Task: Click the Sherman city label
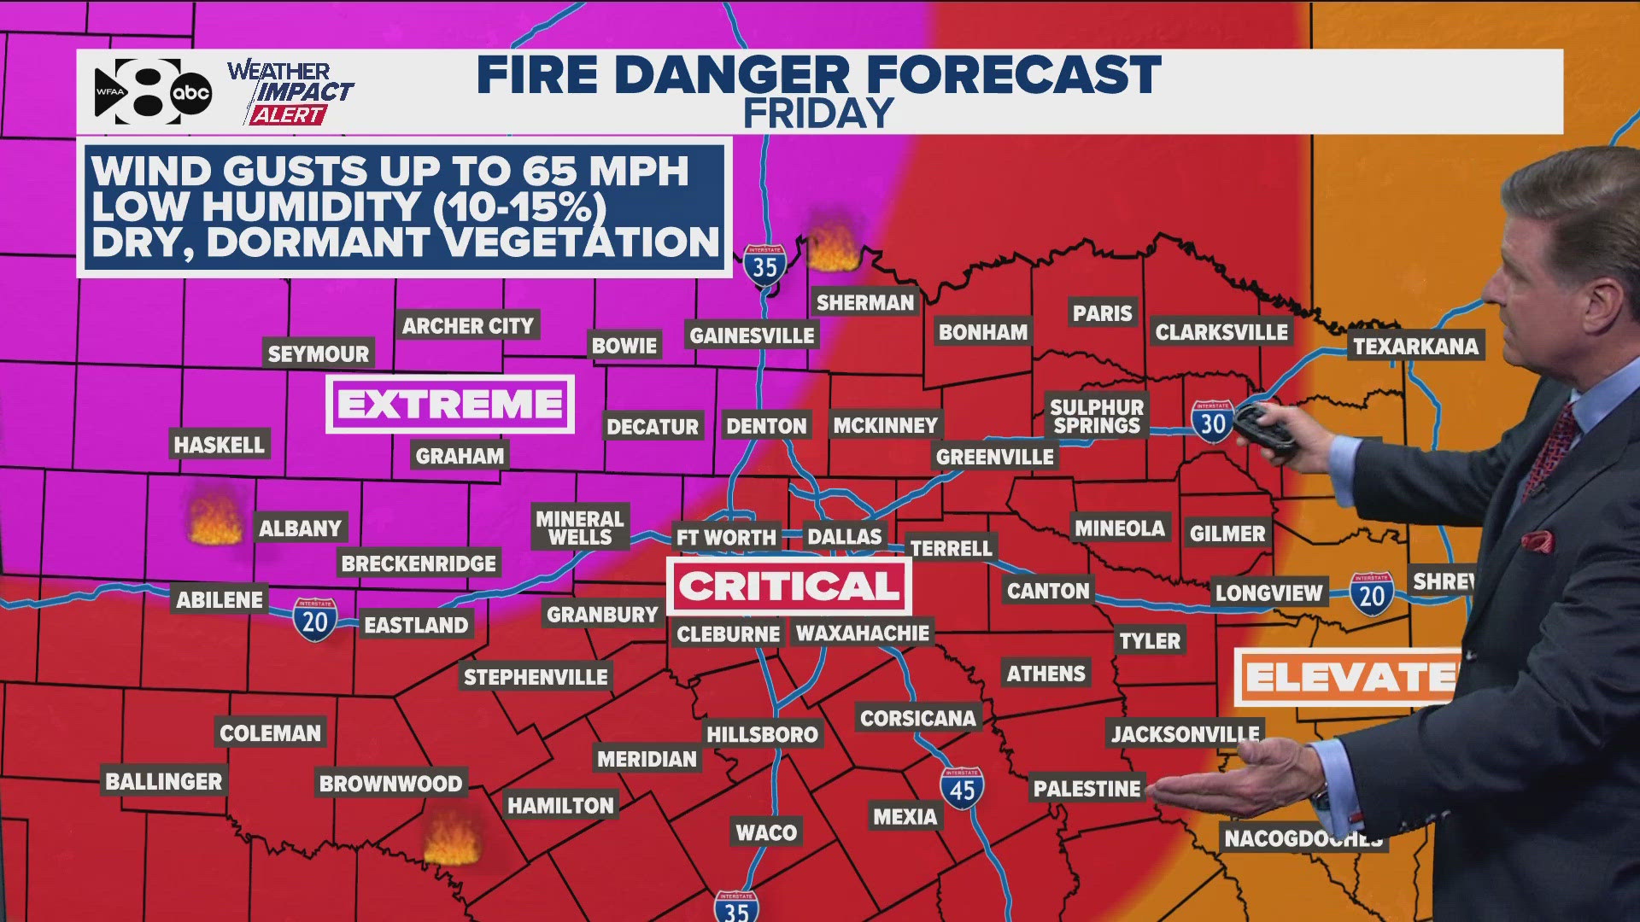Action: coord(864,302)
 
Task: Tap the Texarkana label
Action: coord(1415,346)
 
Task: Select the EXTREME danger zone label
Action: coord(450,404)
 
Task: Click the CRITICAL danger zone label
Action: coord(789,586)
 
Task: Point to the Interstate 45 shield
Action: coord(962,789)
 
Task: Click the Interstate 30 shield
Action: coord(1213,422)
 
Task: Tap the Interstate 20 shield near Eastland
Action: coord(315,620)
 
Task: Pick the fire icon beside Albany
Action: coord(215,520)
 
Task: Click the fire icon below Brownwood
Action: coord(452,837)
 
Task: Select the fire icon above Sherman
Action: coord(833,248)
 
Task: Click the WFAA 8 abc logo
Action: coord(152,91)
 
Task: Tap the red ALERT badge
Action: coord(288,115)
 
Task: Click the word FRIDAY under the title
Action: coord(818,114)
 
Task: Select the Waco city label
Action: coord(766,832)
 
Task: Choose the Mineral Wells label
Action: coord(580,528)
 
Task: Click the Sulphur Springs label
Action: coord(1097,416)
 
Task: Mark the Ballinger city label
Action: coord(164,781)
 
